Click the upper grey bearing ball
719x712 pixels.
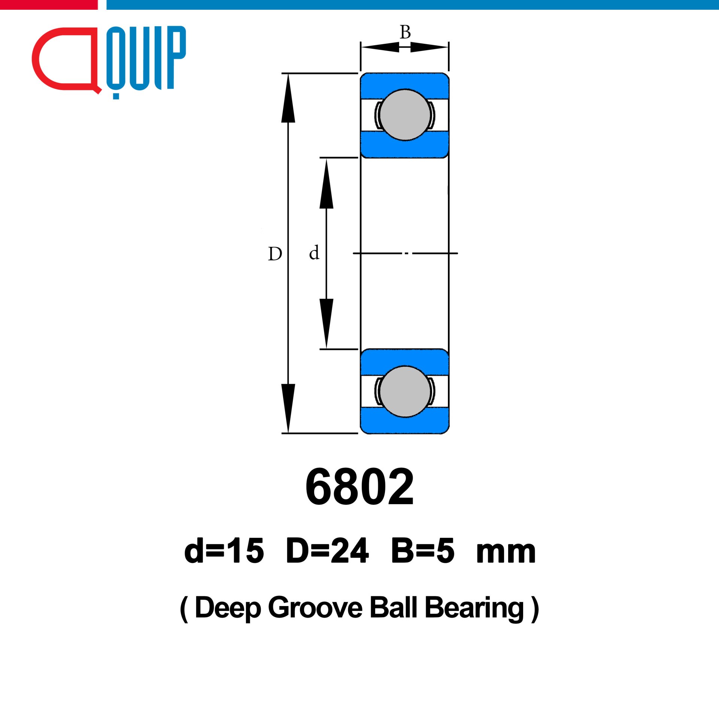click(405, 115)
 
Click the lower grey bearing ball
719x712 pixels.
click(405, 391)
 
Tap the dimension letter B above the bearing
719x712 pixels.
click(405, 32)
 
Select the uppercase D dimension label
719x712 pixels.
click(275, 254)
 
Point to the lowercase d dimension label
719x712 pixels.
click(314, 252)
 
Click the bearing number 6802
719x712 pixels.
click(359, 487)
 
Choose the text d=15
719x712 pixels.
click(224, 551)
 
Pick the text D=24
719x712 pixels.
click(327, 551)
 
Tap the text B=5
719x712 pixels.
click(423, 551)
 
